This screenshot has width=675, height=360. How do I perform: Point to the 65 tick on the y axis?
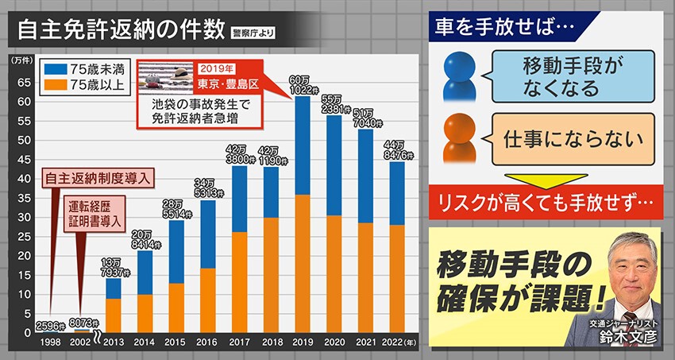point(24,82)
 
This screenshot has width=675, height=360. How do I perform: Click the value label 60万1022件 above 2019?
point(300,84)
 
